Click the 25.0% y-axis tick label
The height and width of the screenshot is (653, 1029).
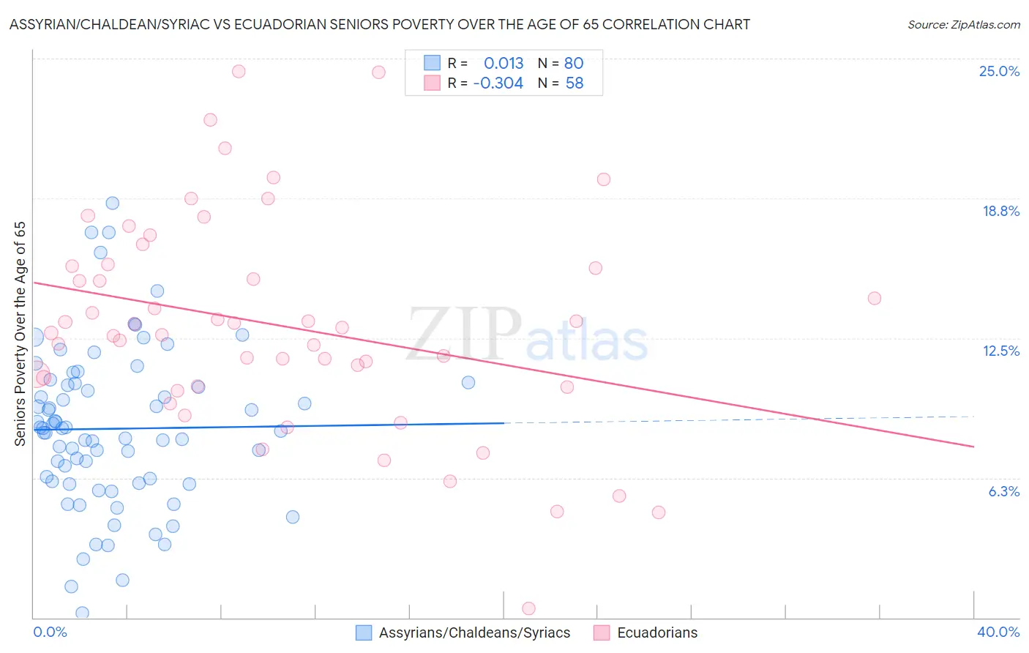999,71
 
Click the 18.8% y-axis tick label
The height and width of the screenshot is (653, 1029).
1000,211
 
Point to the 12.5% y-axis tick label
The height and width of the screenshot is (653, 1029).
1000,351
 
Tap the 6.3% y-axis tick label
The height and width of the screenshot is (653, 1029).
1003,491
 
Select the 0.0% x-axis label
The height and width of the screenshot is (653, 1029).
50,632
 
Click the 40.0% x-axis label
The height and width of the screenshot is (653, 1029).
998,632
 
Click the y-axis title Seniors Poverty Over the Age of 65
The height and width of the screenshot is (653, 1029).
20,333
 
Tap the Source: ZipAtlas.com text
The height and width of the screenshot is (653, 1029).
963,25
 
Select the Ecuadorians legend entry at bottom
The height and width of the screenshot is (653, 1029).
656,633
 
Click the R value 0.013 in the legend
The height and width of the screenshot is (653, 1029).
504,63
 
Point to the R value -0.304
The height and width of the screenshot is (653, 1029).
498,83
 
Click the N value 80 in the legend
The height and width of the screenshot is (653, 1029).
574,63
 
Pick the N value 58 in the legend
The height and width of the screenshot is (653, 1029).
575,83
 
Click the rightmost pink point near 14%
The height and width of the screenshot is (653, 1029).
874,298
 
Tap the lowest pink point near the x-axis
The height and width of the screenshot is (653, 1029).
528,608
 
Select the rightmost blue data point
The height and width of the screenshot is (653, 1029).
468,382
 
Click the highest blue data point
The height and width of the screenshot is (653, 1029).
113,203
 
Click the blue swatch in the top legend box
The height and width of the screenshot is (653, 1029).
433,63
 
